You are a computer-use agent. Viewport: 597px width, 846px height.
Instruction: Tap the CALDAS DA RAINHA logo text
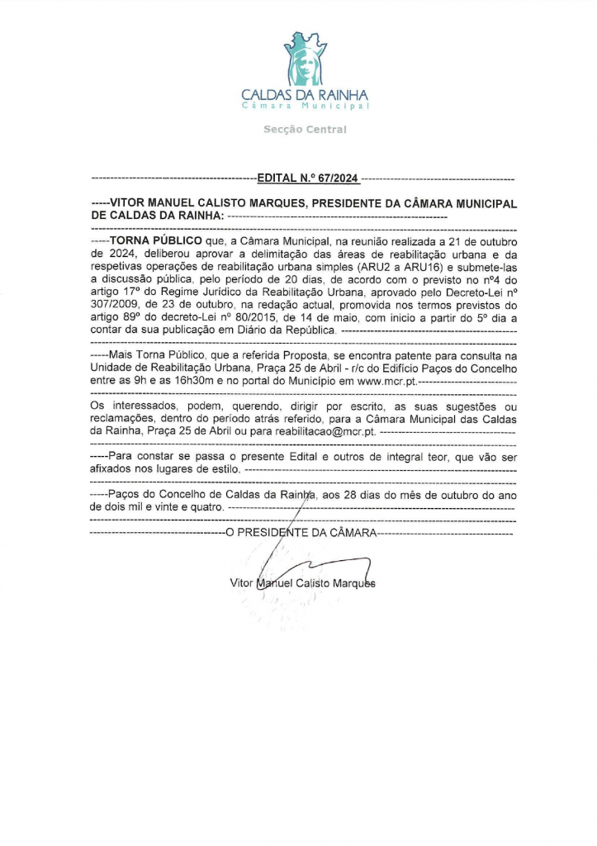(x=305, y=94)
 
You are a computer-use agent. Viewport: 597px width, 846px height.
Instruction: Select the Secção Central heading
(x=305, y=130)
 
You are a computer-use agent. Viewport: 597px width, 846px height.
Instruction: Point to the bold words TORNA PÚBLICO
(x=156, y=240)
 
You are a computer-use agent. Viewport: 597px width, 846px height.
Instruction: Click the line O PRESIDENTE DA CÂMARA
(x=301, y=533)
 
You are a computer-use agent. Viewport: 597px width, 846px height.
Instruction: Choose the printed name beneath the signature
(x=302, y=583)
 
